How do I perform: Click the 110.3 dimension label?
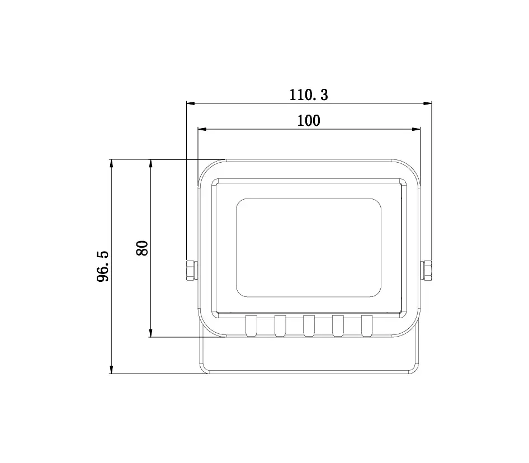(x=309, y=95)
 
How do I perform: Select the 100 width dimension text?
(x=309, y=120)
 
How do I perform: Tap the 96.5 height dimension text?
(x=102, y=266)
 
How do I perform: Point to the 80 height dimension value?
(x=142, y=248)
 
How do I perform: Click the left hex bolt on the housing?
(x=192, y=270)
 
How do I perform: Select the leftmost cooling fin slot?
(x=251, y=326)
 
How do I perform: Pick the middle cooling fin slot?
(x=309, y=326)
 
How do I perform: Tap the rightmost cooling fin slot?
(x=367, y=326)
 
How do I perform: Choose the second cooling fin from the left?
(x=280, y=326)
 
